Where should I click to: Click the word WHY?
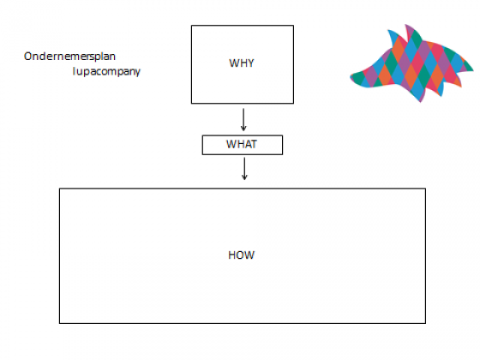click(x=242, y=63)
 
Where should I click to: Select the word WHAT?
click(x=242, y=144)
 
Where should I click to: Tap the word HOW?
click(x=241, y=255)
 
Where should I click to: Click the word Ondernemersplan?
click(x=69, y=57)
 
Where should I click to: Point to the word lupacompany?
click(x=106, y=72)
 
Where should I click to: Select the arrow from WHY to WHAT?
click(x=243, y=120)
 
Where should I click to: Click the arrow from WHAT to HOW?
click(x=244, y=169)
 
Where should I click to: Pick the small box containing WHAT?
click(x=243, y=145)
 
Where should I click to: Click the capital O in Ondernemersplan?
click(x=28, y=57)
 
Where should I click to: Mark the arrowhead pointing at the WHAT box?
click(x=243, y=129)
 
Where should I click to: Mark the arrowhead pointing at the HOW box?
click(x=244, y=177)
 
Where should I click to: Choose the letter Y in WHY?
click(x=250, y=63)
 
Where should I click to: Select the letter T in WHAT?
click(x=253, y=144)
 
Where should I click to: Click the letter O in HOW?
click(x=241, y=255)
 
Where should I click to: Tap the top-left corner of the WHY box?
click(x=192, y=26)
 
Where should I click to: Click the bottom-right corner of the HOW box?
click(x=425, y=323)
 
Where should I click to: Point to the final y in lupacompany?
click(x=137, y=73)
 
